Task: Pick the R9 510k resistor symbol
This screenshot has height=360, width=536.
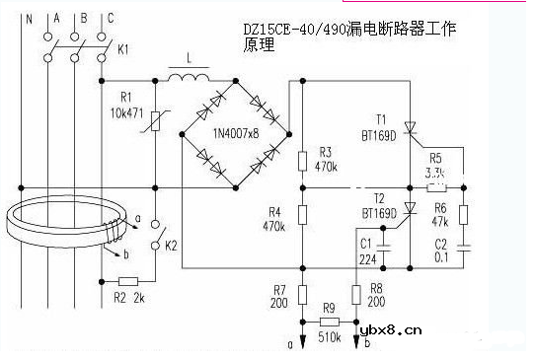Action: click(330, 323)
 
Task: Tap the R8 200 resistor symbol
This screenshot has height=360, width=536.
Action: click(356, 294)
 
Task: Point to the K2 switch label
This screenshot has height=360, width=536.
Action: click(170, 242)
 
